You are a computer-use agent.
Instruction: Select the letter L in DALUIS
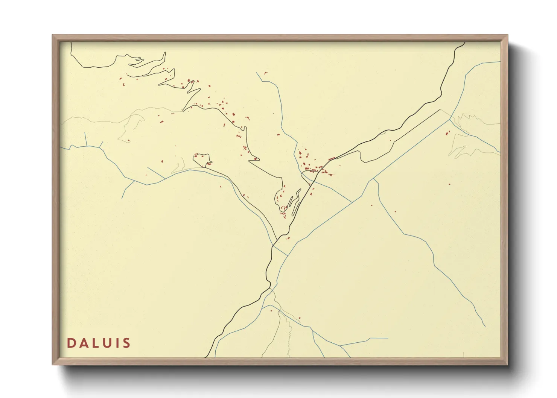(97, 343)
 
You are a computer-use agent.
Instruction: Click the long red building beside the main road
(332, 159)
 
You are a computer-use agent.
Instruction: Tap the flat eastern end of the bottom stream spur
(388, 338)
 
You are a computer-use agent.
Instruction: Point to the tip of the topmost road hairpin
(165, 53)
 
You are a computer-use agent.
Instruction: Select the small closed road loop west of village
(201, 158)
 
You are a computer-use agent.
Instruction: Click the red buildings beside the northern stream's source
(265, 73)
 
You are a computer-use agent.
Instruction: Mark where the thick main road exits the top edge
(464, 43)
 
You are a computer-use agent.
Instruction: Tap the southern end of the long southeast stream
(485, 326)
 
